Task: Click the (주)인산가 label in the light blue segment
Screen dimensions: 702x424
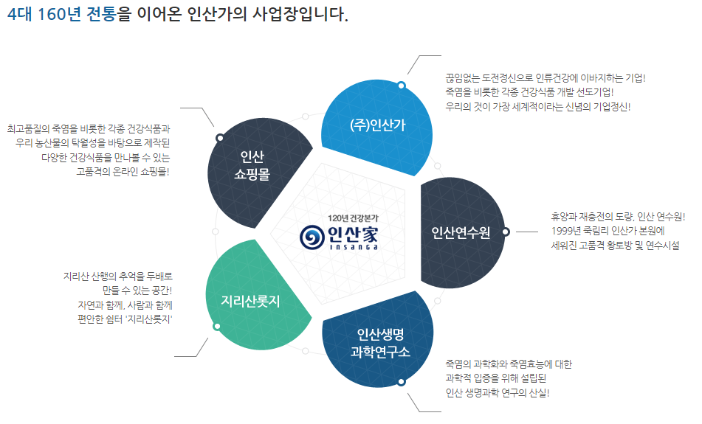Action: [377, 125]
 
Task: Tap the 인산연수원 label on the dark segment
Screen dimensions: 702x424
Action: [460, 233]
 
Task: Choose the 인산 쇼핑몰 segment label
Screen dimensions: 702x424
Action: [251, 165]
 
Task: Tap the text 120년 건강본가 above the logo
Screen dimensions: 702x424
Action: [353, 218]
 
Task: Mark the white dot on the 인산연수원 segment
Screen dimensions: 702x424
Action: [506, 232]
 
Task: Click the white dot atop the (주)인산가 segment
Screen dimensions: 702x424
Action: [401, 86]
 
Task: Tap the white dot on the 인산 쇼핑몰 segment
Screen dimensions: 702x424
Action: [219, 138]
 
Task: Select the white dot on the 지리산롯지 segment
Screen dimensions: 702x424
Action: [216, 326]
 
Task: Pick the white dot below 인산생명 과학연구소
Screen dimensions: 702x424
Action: [402, 382]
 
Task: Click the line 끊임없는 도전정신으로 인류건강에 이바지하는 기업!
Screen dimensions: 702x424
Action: [546, 77]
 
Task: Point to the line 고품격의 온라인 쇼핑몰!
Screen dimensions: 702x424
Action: [123, 172]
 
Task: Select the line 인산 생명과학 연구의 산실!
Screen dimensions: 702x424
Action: [498, 392]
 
